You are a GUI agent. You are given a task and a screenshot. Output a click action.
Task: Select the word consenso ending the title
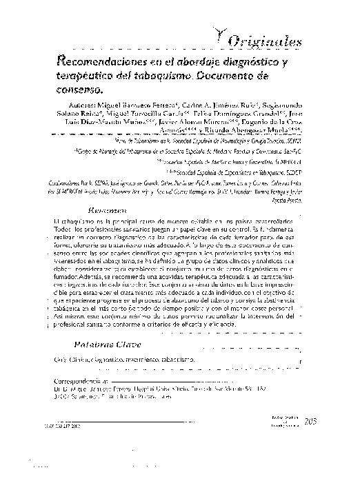point(77,89)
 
